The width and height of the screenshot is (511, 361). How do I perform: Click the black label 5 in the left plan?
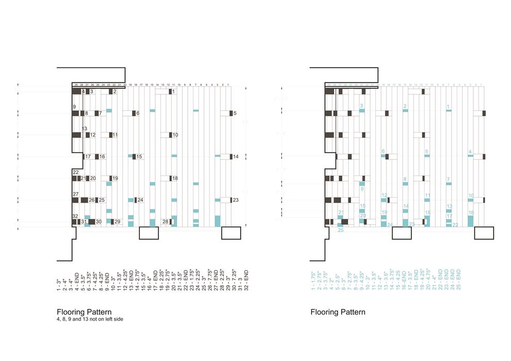pos(235,113)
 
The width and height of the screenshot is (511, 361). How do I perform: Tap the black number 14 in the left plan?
pos(236,156)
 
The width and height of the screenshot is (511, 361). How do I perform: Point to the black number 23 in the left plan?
pos(236,200)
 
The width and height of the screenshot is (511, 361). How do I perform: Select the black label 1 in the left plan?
pos(174,91)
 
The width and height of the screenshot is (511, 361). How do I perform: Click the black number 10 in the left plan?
pos(175,135)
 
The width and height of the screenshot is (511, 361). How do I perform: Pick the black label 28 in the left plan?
pos(165,221)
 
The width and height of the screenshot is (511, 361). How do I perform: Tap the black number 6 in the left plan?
pos(138,113)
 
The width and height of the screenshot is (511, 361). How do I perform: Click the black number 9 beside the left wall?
pos(74,107)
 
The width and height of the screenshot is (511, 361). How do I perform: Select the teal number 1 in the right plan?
pos(448,107)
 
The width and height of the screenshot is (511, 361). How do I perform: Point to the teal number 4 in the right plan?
pos(470,152)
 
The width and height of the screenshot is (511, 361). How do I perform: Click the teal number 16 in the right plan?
pos(471,212)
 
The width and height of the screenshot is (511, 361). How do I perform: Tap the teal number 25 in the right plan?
pos(341,230)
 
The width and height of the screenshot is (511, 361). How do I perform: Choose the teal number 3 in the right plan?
pos(362,106)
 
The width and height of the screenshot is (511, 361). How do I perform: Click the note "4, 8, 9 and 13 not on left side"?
pos(90,320)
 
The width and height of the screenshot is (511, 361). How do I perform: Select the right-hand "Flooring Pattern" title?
pos(338,312)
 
